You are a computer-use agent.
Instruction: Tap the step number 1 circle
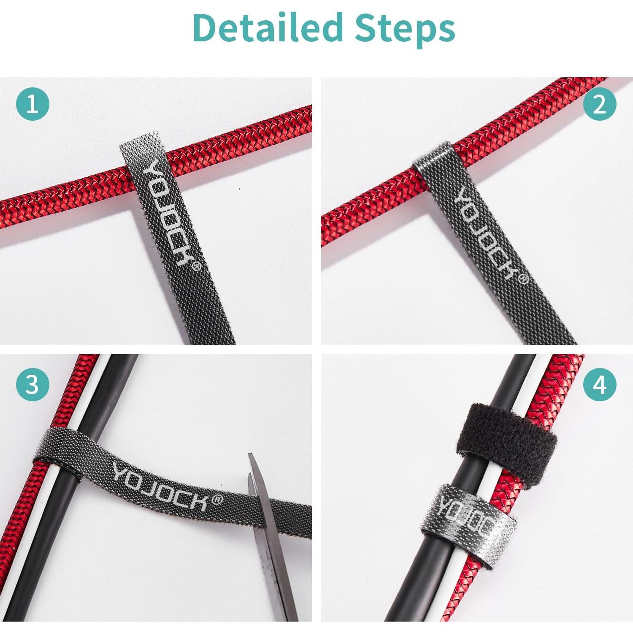point(33,103)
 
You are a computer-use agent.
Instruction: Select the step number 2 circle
point(600,103)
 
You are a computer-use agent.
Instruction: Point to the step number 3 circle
point(33,384)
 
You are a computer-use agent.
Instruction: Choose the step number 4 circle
point(600,384)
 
